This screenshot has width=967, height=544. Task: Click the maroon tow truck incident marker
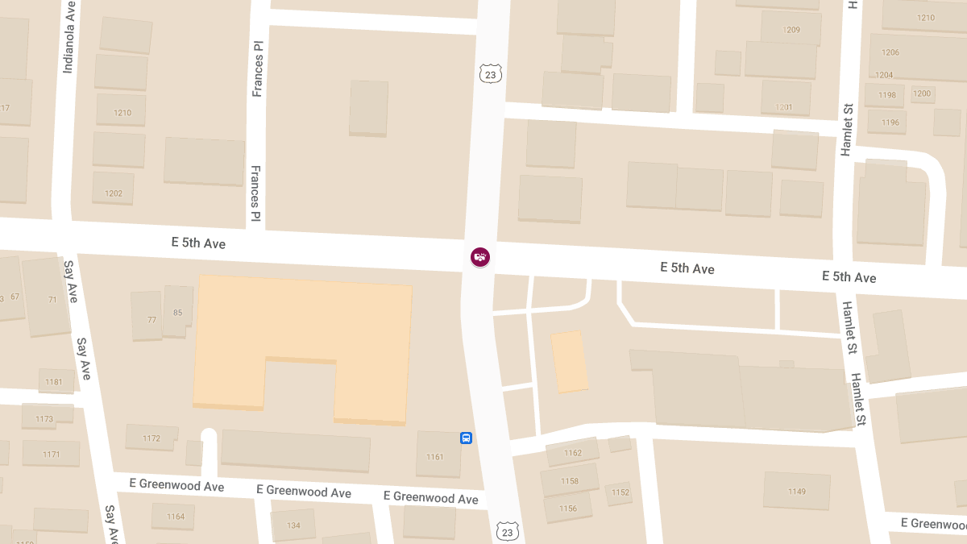[x=480, y=257]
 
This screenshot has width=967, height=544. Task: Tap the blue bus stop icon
[x=466, y=438]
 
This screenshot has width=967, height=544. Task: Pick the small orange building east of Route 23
[x=569, y=361]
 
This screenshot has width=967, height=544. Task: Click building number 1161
[x=435, y=457]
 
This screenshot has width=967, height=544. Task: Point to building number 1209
[x=791, y=30]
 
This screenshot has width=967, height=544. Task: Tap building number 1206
[x=890, y=52]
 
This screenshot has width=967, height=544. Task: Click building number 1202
[x=113, y=193]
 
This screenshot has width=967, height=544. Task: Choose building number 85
[x=177, y=313]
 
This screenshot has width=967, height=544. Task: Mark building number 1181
[x=54, y=382]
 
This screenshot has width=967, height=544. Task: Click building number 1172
[x=151, y=438]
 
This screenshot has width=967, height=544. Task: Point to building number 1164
[x=176, y=517]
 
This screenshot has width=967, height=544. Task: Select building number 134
[x=293, y=525]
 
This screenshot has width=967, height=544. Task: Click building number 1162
[x=572, y=453]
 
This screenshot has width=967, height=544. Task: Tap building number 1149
[x=796, y=492]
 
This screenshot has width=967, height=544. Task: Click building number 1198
[x=886, y=95]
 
